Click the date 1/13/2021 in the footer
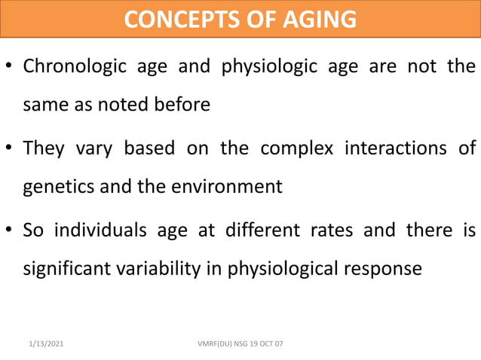pos(47,343)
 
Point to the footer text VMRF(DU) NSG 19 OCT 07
pos(239,343)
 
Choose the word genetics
pos(60,186)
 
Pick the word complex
pos(296,147)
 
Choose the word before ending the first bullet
pos(182,105)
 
